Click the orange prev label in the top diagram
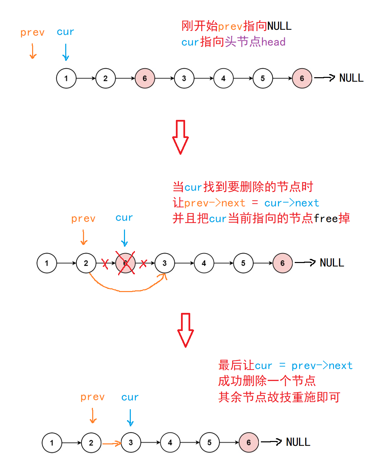coord(32,33)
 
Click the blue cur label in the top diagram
coord(65,32)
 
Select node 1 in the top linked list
coord(66,78)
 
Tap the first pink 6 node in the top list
coord(145,78)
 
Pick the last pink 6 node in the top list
coord(302,78)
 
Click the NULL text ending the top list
coord(351,78)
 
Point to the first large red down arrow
coord(180,137)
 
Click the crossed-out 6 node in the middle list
coord(125,263)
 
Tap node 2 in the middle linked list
coord(86,263)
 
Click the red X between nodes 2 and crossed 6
coord(105,263)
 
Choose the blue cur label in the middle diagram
coord(124,218)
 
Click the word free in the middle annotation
coord(326,219)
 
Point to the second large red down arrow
coord(185,330)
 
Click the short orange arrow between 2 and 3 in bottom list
coord(112,443)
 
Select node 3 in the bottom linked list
coord(131,443)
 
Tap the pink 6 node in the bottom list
coord(249,443)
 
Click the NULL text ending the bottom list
coord(298,442)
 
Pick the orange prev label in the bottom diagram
coord(93,397)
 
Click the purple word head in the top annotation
coord(273,42)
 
